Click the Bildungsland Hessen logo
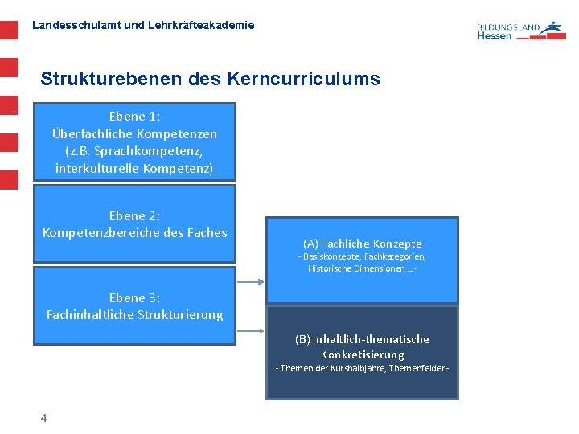[x=520, y=31]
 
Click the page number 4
[x=43, y=418]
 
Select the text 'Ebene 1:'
[x=134, y=117]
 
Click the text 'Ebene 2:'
[x=134, y=215]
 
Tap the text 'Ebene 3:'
[x=134, y=297]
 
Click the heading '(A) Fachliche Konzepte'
[x=362, y=244]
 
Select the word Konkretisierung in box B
[x=362, y=354]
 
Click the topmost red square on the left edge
[x=8, y=31]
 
